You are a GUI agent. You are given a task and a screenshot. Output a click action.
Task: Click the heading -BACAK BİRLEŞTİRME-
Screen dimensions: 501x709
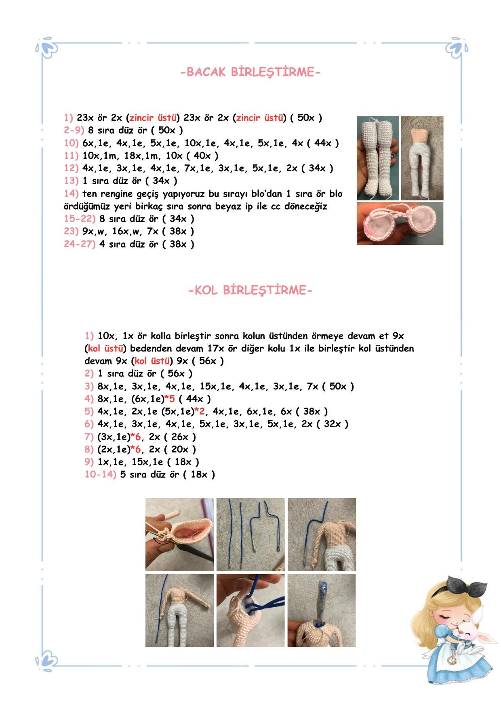tap(250, 72)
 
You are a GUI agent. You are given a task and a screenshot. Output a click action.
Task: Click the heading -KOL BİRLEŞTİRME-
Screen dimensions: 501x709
tap(250, 290)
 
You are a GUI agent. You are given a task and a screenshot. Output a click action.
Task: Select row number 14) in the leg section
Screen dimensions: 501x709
tap(72, 194)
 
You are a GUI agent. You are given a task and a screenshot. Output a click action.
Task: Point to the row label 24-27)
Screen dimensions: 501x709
tap(80, 244)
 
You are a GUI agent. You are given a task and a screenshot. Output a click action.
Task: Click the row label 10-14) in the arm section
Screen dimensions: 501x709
tap(100, 474)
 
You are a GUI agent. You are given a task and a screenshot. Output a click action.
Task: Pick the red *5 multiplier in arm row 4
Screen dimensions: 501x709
tap(170, 399)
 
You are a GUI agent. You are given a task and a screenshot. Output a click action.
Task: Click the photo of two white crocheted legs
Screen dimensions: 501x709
tap(378, 158)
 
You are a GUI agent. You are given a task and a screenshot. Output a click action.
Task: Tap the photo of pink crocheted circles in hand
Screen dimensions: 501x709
tap(400, 223)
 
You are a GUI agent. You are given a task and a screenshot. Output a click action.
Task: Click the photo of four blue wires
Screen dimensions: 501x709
tap(250, 534)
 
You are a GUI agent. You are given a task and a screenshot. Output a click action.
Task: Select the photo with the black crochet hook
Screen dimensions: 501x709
tap(179, 534)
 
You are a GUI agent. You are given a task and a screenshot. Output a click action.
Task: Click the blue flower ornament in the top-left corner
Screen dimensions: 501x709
tap(48, 48)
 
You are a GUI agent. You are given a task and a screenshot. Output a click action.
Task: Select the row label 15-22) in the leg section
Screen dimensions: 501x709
tap(80, 219)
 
